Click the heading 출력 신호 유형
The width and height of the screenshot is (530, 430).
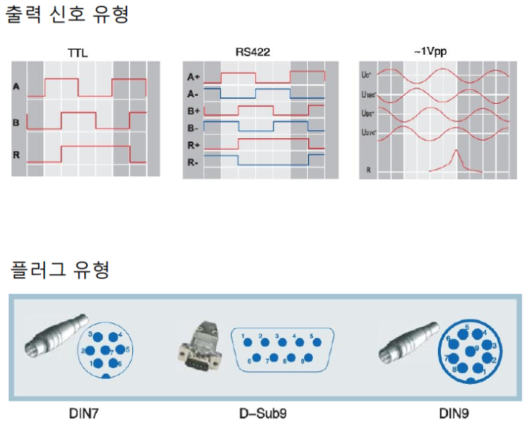67,14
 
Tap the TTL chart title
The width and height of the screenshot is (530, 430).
77,53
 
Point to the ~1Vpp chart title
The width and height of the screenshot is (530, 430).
430,52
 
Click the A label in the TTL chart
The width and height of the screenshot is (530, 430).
16,86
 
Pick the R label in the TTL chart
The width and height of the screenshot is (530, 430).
16,155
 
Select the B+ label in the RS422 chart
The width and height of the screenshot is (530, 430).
194,110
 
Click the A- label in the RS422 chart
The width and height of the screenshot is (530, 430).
194,94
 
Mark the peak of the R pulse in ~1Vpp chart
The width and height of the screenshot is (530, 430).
455,151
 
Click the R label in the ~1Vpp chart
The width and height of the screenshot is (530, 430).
369,170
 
